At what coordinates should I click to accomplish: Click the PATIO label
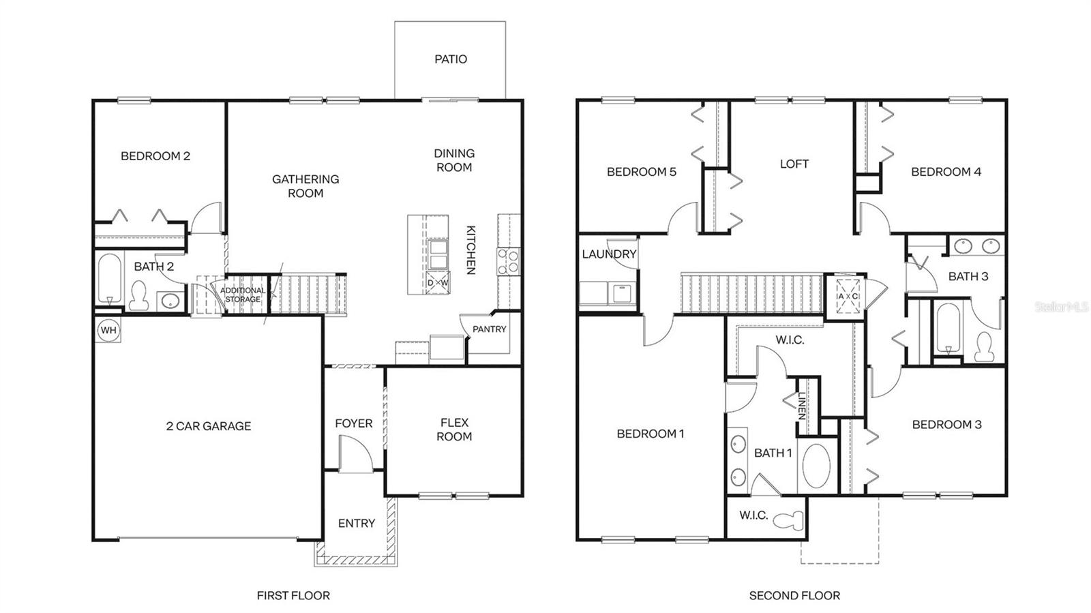451,59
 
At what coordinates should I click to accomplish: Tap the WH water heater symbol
108,331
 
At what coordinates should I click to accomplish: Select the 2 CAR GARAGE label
209,426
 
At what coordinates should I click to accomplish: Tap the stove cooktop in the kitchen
508,260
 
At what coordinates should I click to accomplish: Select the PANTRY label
489,329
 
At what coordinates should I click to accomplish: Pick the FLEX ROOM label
454,430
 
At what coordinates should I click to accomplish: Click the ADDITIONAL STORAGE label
243,295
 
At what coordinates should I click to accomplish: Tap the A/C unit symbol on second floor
848,296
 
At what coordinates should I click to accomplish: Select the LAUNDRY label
609,254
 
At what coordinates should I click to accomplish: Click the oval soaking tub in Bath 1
816,466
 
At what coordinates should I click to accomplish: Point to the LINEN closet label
802,406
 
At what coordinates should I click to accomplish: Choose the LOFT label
794,164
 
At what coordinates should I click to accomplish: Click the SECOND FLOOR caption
794,596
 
